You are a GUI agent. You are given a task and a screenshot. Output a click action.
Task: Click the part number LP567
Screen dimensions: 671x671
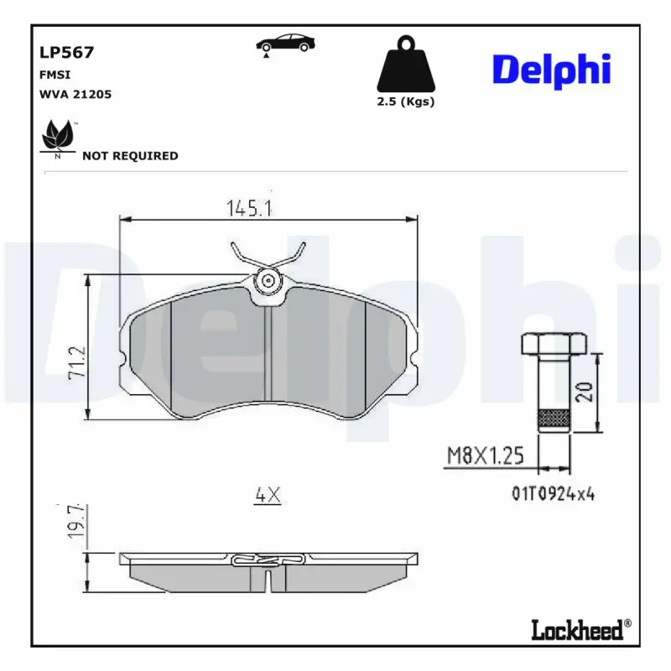(66, 52)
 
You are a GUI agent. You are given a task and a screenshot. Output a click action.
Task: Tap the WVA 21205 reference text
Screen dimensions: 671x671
(75, 95)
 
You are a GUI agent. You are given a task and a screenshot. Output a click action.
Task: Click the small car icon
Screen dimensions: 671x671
(285, 44)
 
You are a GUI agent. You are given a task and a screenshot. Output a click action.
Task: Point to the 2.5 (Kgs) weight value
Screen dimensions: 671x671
(407, 102)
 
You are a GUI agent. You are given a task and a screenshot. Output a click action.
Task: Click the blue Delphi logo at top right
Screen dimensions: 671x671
(551, 70)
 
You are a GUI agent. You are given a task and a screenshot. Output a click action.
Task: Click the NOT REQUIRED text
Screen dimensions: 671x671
(130, 156)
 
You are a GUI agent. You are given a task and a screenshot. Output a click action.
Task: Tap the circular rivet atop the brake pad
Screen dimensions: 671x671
(268, 280)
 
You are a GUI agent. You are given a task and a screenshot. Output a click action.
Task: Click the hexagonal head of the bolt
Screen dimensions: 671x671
(554, 343)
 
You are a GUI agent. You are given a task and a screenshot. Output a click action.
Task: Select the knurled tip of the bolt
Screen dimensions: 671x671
(552, 419)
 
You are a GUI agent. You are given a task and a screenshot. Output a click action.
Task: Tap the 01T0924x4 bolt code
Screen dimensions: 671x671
(553, 494)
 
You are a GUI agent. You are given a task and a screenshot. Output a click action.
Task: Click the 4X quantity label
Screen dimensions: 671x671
(267, 496)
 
